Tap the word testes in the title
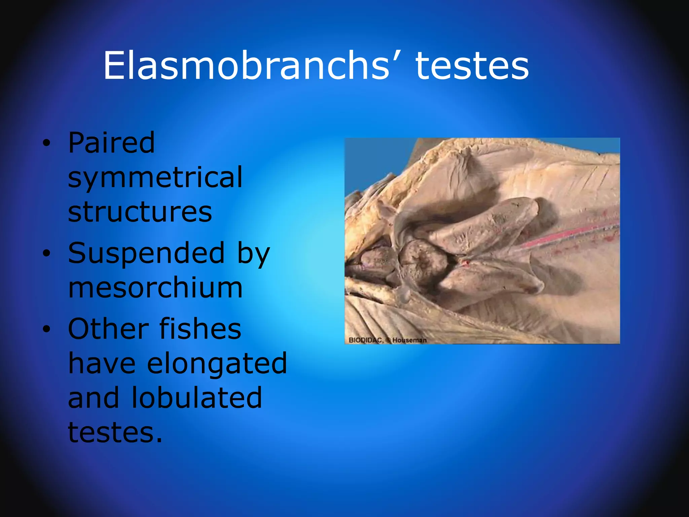point(472,66)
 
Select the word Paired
point(111,143)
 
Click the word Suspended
point(146,253)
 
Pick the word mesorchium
point(155,288)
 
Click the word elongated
point(217,364)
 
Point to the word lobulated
point(197,398)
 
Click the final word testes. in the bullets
point(115,433)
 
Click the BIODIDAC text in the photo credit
point(365,340)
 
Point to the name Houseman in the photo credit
point(409,340)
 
